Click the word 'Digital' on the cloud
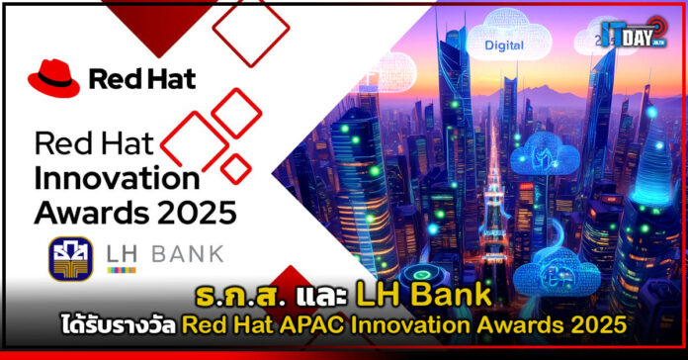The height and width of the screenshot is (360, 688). [506, 45]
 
